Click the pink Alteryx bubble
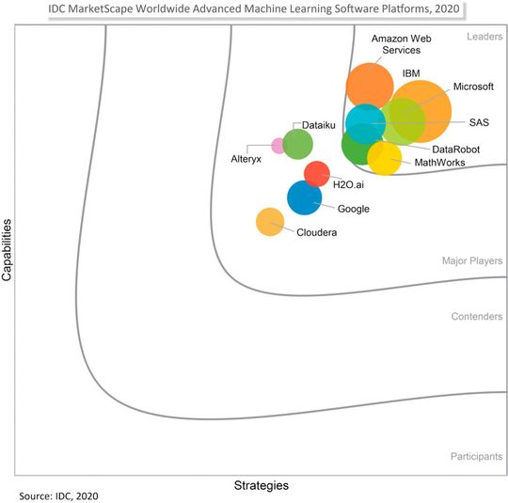278,145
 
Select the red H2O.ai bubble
317,174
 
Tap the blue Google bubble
304,198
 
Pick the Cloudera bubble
270,222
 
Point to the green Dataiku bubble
297,145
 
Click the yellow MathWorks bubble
384,158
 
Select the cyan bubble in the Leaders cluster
363,122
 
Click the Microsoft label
473,86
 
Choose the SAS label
479,122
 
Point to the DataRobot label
456,149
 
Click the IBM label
411,72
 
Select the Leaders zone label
484,37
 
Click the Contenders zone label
477,317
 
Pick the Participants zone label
475,457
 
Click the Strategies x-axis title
261,485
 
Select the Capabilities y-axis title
8,250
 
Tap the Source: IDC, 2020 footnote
58,495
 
